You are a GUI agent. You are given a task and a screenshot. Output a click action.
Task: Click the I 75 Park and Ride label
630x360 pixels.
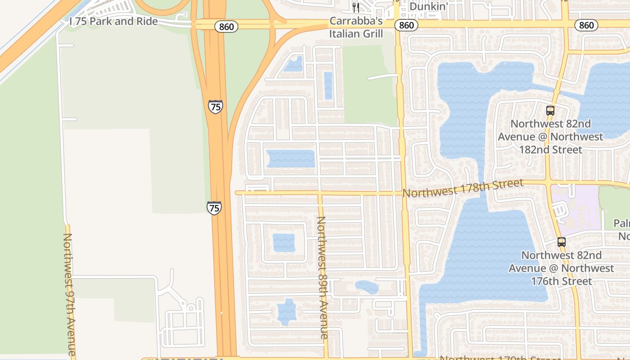coord(113,22)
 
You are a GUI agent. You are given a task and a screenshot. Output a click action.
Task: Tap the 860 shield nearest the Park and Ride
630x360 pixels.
coord(226,27)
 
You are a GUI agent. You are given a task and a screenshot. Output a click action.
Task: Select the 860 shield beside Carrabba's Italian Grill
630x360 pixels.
coord(406,25)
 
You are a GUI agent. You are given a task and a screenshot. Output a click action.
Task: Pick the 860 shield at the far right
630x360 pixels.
coord(586,25)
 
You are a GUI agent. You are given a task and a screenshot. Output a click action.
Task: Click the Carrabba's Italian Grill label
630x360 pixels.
coord(356,27)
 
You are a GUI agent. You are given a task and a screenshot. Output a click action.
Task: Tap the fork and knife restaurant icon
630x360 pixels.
coord(355,7)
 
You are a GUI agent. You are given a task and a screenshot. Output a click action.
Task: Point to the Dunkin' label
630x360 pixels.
coord(428,6)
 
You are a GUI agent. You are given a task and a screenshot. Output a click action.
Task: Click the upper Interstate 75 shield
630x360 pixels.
coord(216,107)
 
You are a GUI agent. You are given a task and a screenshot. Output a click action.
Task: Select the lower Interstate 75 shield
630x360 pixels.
coord(214,208)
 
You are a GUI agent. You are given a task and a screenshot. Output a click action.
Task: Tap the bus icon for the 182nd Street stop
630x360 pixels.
coord(550,110)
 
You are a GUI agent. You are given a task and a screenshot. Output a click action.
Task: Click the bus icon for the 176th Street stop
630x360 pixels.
coord(561,242)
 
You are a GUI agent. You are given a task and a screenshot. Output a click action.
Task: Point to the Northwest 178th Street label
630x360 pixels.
coord(463,188)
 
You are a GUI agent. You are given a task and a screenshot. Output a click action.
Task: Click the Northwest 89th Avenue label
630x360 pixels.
coord(322,277)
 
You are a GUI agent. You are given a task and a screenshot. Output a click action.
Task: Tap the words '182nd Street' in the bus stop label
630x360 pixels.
coord(551,149)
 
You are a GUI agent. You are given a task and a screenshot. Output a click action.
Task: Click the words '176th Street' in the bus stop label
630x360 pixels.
coord(561,281)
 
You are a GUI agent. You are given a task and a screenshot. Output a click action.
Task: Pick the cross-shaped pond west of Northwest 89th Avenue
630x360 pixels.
coord(286,312)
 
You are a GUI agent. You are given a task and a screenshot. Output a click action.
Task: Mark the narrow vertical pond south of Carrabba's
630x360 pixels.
coord(328,85)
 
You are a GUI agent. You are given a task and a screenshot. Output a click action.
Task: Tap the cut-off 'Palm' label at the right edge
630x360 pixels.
coord(621,224)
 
